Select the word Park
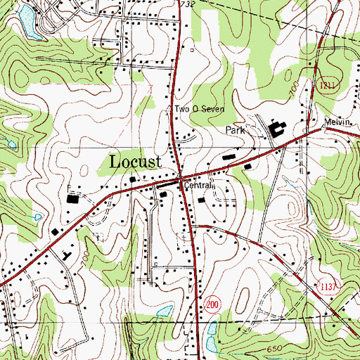235,131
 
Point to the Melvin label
337,122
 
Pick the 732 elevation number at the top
186,4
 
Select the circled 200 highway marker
212,302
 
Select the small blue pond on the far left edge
11,144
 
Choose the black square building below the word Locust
134,181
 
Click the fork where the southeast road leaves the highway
193,225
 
